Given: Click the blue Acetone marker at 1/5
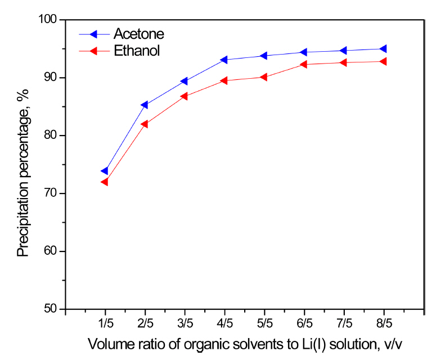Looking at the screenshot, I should (x=104, y=171).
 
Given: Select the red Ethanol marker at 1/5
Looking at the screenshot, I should (x=104, y=182).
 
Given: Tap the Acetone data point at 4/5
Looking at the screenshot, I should (x=224, y=60).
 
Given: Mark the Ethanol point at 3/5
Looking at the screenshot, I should (x=184, y=96).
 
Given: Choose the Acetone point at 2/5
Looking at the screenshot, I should (x=144, y=105).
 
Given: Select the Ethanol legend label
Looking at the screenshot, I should (x=137, y=51).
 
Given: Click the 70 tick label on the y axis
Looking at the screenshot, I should (x=51, y=193).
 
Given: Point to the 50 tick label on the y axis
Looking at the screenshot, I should (x=51, y=309).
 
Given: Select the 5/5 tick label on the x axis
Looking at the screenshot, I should (x=264, y=325).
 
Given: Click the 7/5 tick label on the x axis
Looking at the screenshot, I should (x=344, y=325).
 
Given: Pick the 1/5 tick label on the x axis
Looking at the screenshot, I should (x=105, y=325).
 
